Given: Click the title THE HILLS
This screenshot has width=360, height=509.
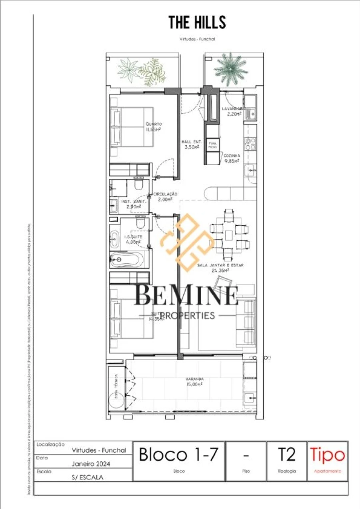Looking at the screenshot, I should click(x=197, y=22).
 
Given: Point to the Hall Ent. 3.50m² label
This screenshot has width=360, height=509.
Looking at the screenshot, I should click(x=192, y=144).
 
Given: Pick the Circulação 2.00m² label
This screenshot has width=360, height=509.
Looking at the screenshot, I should click(x=165, y=196).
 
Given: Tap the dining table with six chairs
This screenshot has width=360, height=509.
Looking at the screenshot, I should click(x=228, y=235).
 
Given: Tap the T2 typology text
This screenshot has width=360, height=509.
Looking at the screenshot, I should click(x=286, y=455).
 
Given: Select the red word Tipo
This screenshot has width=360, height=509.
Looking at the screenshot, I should click(x=327, y=455).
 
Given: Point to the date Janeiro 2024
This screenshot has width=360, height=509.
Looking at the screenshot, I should click(x=91, y=464).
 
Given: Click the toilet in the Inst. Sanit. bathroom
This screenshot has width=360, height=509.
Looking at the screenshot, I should click(x=139, y=185).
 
